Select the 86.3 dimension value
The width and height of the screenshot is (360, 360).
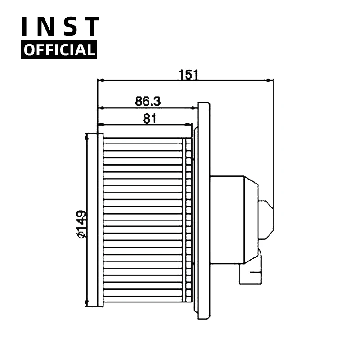pyautogui.click(x=148, y=101)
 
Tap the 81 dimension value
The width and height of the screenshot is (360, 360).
pyautogui.click(x=149, y=118)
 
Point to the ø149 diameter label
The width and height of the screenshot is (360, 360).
pyautogui.click(x=81, y=224)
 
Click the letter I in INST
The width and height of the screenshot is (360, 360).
pyautogui.click(x=27, y=27)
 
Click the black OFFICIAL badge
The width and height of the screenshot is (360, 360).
pyautogui.click(x=59, y=49)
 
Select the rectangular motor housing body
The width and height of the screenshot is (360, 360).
pyautogui.click(x=227, y=220)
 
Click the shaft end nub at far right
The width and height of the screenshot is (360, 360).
pyautogui.click(x=266, y=220)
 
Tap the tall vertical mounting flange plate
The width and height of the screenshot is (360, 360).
pyautogui.click(x=203, y=211)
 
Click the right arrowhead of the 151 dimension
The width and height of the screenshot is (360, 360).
pyautogui.click(x=270, y=81)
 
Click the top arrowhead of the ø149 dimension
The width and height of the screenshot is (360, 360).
pyautogui.click(x=86, y=135)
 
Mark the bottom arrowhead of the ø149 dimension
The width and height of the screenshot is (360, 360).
pyautogui.click(x=86, y=304)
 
